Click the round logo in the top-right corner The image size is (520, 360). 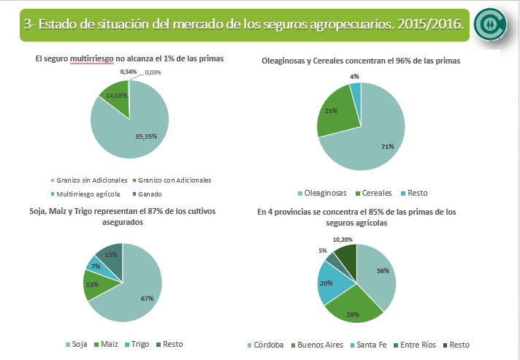tap(489, 24)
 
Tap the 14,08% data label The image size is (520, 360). tap(117, 95)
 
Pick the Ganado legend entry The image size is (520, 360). tap(150, 194)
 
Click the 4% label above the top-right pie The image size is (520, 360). tap(354, 77)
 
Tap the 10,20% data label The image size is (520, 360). tap(343, 239)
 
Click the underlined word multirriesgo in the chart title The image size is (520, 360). tap(93, 57)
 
